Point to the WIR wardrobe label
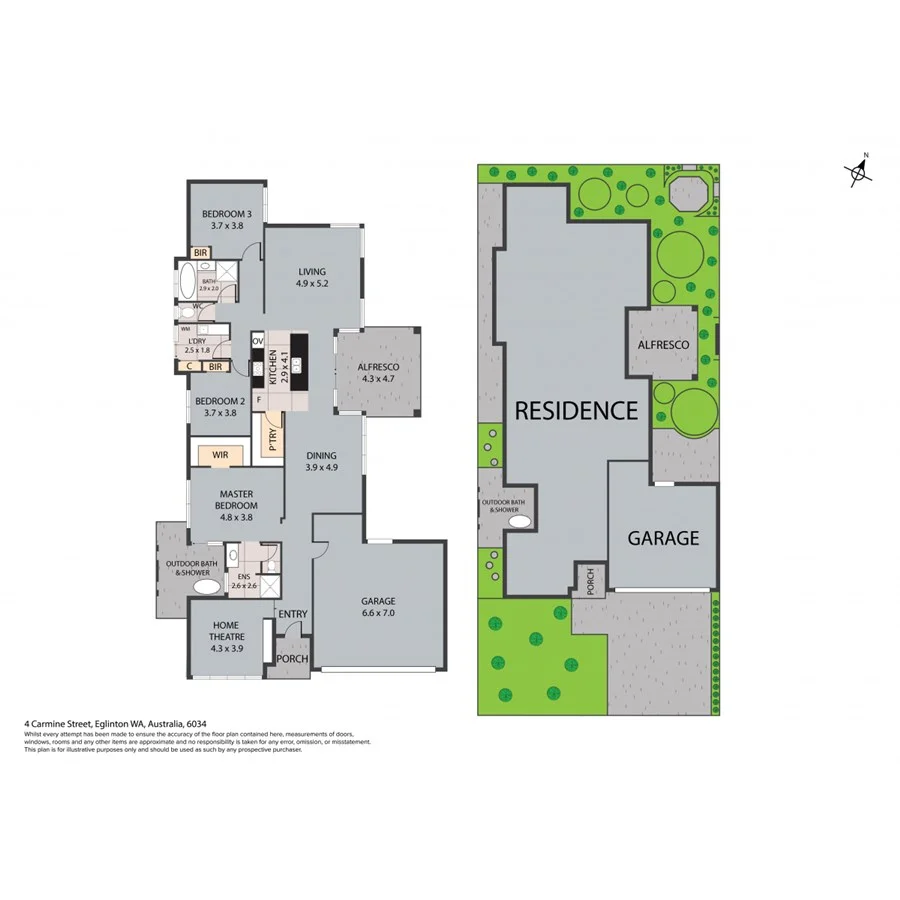click(x=220, y=455)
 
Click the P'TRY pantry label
click(x=271, y=439)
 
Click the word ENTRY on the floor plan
click(x=293, y=614)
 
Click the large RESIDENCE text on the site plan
click(x=575, y=410)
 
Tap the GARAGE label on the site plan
click(x=662, y=538)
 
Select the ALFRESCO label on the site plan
click(x=662, y=344)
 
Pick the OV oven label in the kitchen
click(x=257, y=341)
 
